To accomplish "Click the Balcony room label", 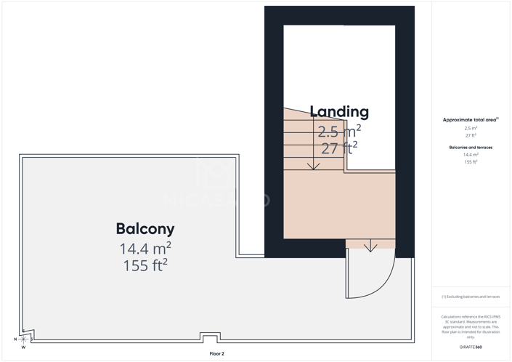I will (145, 229).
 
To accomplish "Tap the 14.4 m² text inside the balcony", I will (145, 249).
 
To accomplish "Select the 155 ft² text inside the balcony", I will (145, 265).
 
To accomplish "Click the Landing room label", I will (339, 112).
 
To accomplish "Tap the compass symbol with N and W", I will (23, 339).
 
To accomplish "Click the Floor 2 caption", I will (216, 354).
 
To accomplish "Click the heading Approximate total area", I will (470, 119).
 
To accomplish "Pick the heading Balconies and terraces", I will (471, 148).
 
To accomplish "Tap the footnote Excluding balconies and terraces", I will (471, 297).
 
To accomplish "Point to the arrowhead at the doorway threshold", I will (370, 247).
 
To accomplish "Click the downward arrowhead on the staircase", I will (313, 166).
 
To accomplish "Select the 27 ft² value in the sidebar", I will (471, 135).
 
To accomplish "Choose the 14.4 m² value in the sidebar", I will (471, 155).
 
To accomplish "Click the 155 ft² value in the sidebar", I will (471, 162).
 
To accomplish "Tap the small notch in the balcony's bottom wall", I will (210, 338).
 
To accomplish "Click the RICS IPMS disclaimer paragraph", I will (471, 327).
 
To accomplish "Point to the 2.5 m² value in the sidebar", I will (471, 128).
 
